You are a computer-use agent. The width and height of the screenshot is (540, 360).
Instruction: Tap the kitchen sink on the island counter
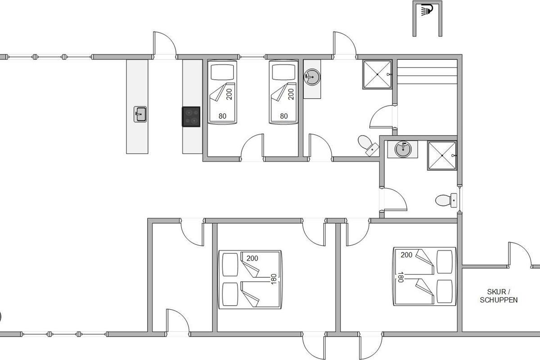click(140, 114)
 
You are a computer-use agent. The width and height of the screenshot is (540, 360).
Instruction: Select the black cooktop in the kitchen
click(191, 117)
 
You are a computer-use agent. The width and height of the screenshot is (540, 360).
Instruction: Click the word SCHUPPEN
click(499, 300)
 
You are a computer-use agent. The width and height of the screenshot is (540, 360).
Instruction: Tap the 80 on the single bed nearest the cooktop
click(222, 116)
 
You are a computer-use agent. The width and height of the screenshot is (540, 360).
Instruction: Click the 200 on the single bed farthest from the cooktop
click(291, 94)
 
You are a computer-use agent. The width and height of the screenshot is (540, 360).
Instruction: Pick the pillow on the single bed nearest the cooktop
click(222, 72)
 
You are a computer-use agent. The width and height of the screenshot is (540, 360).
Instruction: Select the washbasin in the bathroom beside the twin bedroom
click(312, 77)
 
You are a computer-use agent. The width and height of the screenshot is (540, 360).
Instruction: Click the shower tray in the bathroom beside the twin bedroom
click(377, 75)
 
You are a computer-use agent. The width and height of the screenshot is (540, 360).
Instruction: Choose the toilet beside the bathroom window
click(446, 200)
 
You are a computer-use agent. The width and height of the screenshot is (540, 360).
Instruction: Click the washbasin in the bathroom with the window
click(403, 149)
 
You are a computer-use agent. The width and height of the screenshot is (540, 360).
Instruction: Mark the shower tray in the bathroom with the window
click(442, 156)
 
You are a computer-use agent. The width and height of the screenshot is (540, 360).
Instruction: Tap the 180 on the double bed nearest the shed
click(400, 277)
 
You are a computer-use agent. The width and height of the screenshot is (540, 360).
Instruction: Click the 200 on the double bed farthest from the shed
click(252, 258)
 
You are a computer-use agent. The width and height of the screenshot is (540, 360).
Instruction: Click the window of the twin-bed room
click(252, 57)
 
